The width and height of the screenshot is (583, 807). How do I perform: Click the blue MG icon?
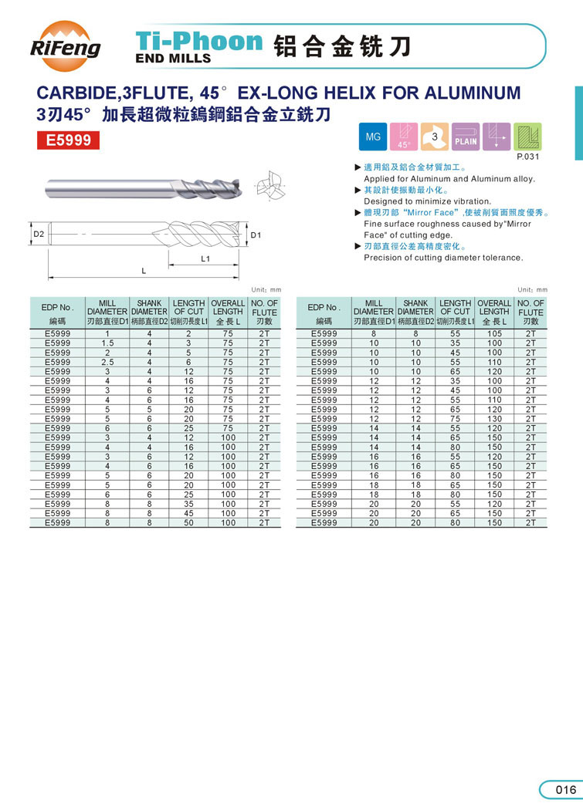[374, 137]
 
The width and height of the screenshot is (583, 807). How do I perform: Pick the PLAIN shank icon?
[466, 137]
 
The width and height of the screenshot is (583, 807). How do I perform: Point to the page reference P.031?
[527, 157]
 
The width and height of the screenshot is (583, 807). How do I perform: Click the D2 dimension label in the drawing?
[38, 233]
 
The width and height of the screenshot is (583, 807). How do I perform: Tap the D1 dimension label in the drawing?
[256, 234]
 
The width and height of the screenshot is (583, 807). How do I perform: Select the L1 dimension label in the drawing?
[205, 259]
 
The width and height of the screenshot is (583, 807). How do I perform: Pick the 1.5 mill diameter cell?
[107, 343]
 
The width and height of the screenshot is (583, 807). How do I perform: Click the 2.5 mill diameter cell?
[107, 361]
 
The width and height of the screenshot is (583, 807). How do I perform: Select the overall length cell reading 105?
[494, 333]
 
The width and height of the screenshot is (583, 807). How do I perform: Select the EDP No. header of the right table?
[324, 307]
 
